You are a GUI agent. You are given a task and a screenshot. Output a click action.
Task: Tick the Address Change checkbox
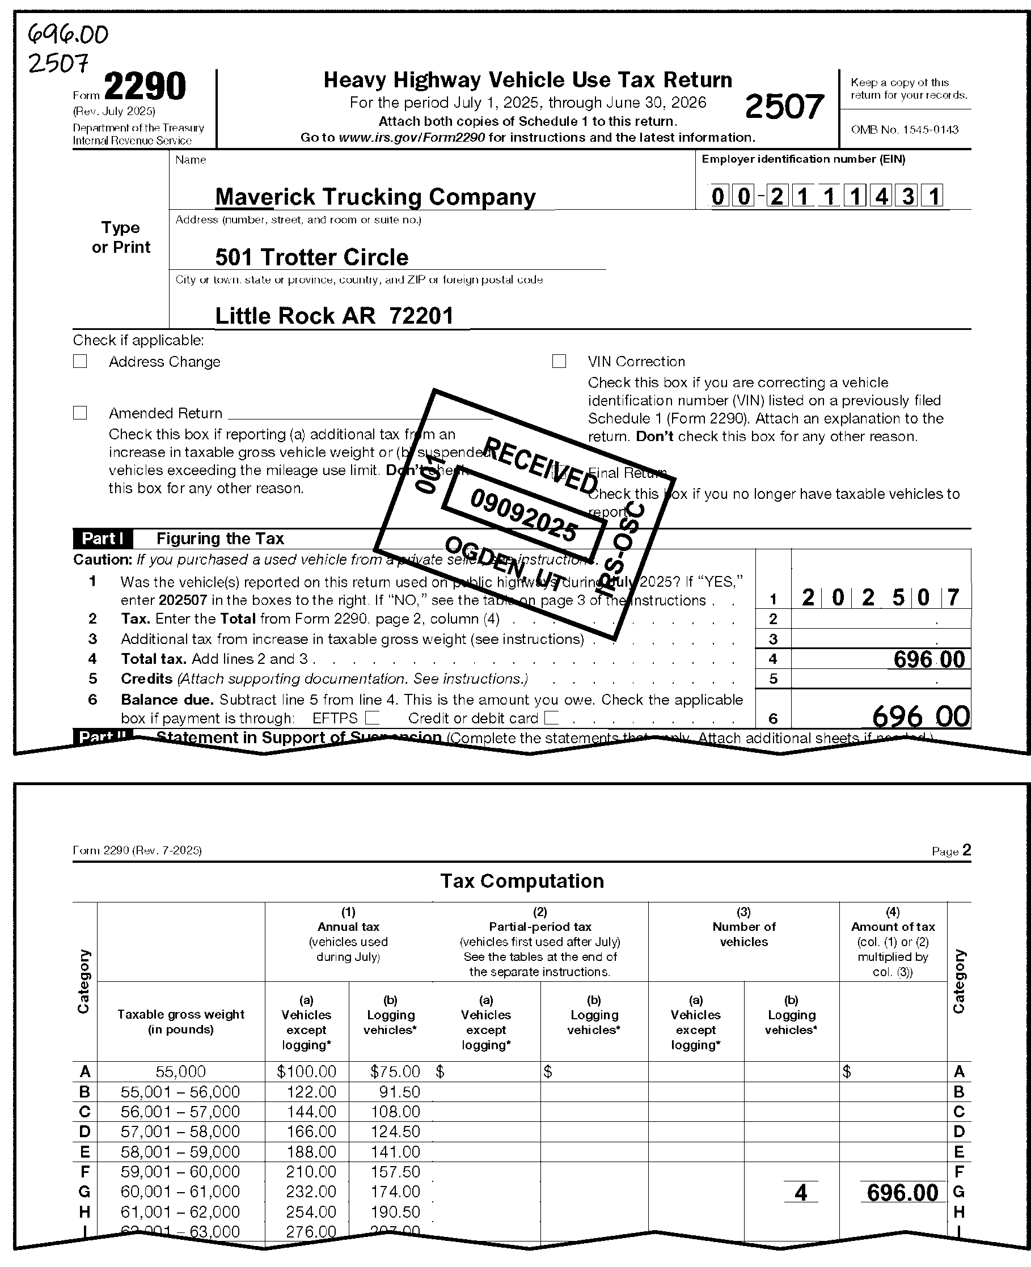pyautogui.click(x=80, y=362)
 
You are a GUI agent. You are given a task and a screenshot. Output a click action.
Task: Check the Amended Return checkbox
pyautogui.click(x=80, y=413)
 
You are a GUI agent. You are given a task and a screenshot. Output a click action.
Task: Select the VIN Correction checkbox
pyautogui.click(x=559, y=362)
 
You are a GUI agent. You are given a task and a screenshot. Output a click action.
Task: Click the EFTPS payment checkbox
pyautogui.click(x=372, y=718)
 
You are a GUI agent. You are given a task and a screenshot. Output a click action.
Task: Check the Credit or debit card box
pyautogui.click(x=551, y=718)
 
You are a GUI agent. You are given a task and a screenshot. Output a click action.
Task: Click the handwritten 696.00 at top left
pyautogui.click(x=69, y=36)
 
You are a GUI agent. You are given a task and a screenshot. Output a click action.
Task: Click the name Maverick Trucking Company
pyautogui.click(x=375, y=197)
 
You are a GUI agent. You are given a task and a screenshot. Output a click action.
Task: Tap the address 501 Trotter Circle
pyautogui.click(x=312, y=257)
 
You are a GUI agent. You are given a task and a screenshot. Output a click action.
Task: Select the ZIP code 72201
pyautogui.click(x=422, y=316)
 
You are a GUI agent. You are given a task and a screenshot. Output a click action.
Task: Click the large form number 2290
pyautogui.click(x=145, y=87)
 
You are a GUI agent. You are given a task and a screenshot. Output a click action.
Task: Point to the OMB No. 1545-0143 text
pyautogui.click(x=905, y=129)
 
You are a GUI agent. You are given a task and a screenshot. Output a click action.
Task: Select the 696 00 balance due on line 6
pyautogui.click(x=920, y=717)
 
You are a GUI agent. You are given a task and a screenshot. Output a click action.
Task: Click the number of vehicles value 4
pyautogui.click(x=801, y=1193)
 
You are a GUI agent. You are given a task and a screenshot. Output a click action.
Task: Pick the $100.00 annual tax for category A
pyautogui.click(x=306, y=1071)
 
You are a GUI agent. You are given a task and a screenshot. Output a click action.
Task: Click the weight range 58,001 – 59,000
pyautogui.click(x=180, y=1152)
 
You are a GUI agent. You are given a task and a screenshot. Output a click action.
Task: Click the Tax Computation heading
pyautogui.click(x=522, y=881)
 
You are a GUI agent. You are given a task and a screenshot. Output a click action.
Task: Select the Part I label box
pyautogui.click(x=103, y=539)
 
